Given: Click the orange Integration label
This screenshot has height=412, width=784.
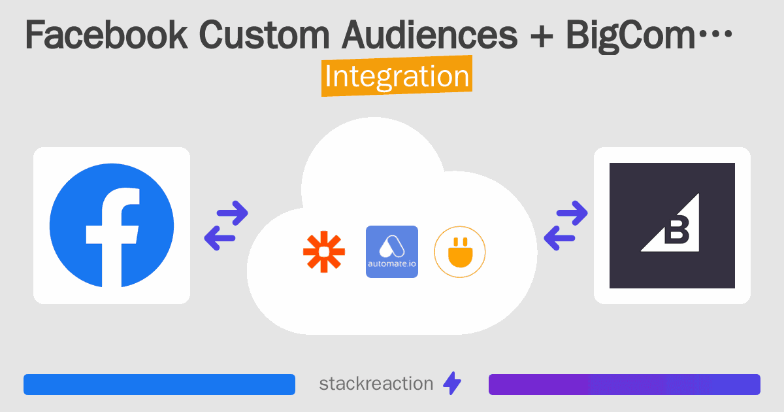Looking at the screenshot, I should point(397,77).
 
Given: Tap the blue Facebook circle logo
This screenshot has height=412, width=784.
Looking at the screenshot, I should point(112,226).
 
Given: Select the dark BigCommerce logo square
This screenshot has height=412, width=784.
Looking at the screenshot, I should point(672,226).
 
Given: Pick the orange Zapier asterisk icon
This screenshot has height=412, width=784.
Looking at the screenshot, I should point(323,252).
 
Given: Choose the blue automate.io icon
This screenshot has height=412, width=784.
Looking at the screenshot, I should point(392,252).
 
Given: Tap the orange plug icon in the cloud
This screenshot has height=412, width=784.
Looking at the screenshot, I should point(460,252).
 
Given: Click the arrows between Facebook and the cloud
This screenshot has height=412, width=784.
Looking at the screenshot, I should point(226,226).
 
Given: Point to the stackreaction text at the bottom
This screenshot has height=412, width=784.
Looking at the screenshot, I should point(376,384).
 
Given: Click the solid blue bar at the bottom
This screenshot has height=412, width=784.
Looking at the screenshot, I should point(159,385).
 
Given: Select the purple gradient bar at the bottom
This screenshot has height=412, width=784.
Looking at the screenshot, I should point(624,385).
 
